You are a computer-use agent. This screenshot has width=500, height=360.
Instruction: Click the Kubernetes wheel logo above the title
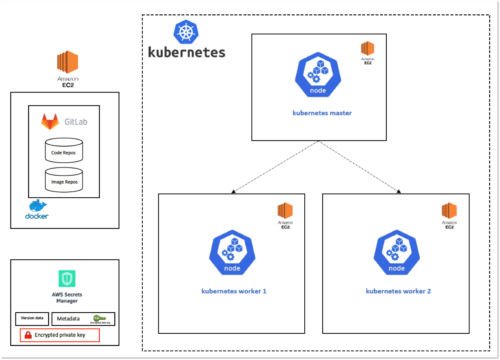click(x=186, y=31)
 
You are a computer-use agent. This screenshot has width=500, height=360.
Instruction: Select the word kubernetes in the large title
click(x=186, y=52)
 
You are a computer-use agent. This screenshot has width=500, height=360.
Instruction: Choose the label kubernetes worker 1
click(x=231, y=289)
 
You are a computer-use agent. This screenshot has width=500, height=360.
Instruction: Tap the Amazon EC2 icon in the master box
click(x=368, y=50)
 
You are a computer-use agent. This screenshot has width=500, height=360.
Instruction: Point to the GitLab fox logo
click(x=50, y=122)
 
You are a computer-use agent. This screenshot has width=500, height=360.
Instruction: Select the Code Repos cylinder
click(x=63, y=151)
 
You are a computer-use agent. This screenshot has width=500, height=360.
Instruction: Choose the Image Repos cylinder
click(x=63, y=180)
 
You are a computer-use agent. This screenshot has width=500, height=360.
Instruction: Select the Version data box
click(x=31, y=318)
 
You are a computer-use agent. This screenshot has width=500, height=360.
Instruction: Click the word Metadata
click(x=69, y=318)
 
